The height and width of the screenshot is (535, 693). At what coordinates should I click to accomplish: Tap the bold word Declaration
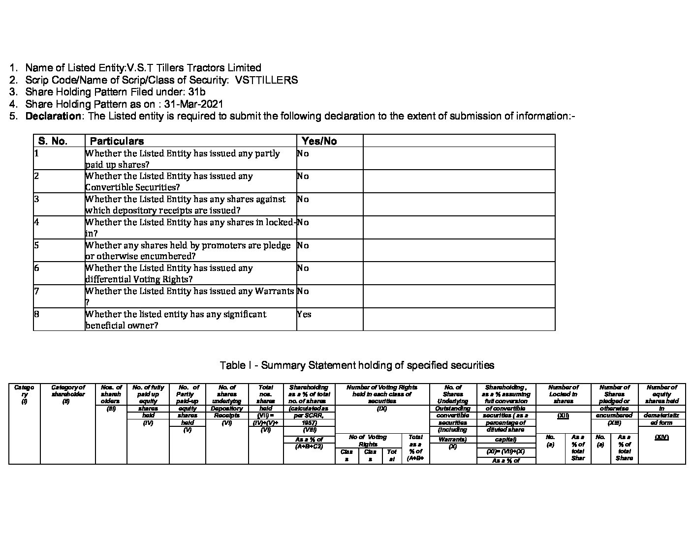53,116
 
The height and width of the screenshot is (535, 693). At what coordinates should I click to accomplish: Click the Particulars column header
117,141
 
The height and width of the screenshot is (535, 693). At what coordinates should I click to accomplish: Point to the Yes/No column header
319,141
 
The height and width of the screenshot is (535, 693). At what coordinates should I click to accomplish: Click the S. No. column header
53,141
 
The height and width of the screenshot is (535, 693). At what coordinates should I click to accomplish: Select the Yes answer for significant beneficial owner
304,314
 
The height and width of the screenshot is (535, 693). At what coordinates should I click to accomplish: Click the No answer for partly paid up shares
303,153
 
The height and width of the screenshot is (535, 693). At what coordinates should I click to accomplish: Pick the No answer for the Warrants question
303,291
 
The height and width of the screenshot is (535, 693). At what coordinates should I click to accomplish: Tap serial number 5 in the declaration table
37,245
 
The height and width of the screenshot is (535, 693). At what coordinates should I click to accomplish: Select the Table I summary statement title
357,365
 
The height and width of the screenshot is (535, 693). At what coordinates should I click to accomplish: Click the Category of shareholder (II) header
68,394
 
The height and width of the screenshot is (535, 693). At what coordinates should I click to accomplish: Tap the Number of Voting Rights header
381,394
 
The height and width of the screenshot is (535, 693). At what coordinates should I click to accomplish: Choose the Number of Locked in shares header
563,394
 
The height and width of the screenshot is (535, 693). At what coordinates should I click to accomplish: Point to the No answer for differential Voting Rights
303,268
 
